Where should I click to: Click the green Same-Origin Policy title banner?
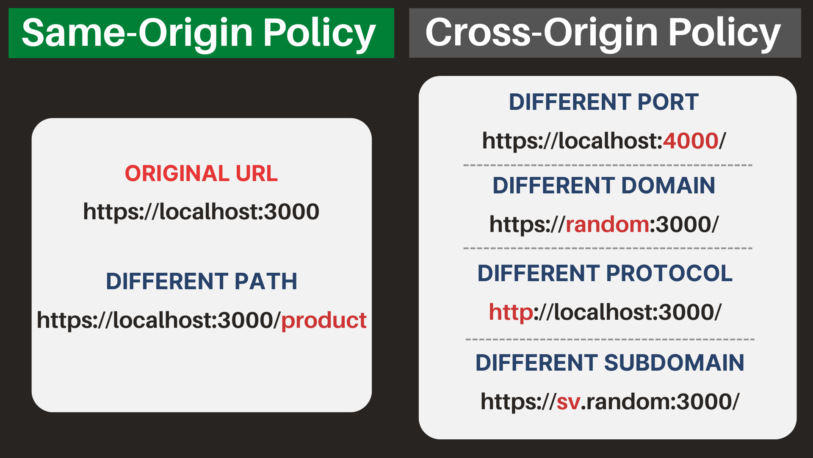201,33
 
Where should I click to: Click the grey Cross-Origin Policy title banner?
605,33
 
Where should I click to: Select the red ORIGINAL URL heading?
201,173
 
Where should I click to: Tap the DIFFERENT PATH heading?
202,281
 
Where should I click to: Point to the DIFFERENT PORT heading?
604,102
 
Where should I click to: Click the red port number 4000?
691,141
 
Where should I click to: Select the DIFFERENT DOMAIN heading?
604,186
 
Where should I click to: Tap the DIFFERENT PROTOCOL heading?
605,273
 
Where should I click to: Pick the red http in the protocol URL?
511,313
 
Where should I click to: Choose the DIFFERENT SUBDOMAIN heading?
610,363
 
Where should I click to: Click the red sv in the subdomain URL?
568,402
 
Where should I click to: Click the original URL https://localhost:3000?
201,212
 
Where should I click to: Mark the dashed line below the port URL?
608,165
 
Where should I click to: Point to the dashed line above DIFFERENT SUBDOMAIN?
610,339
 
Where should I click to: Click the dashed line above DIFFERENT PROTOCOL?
608,248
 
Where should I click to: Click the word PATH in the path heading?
266,281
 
